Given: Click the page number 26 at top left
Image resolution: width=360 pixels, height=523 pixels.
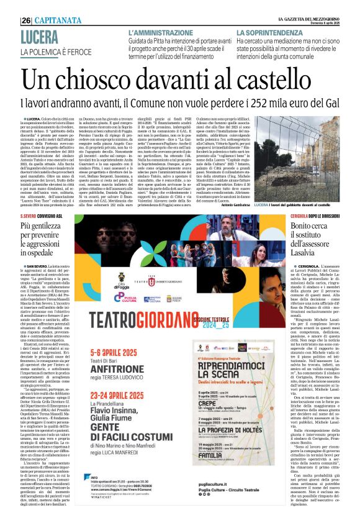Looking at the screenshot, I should [x=27, y=19].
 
